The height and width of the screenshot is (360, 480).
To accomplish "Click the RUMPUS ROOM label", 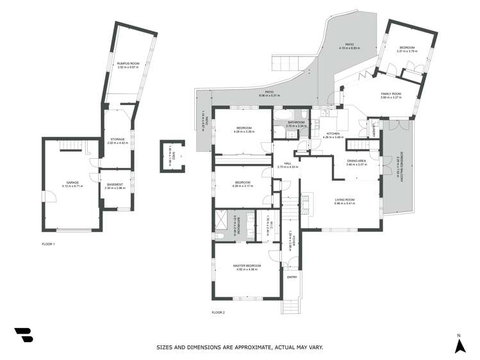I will (124, 63).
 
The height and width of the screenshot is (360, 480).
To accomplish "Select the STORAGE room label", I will (117, 139).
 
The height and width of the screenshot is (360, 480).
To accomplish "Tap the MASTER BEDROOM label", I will (247, 266).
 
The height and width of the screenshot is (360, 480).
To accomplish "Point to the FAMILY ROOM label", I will (390, 94).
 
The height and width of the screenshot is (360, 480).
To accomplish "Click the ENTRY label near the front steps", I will (292, 277).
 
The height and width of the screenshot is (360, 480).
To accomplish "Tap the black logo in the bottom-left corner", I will (23, 335).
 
